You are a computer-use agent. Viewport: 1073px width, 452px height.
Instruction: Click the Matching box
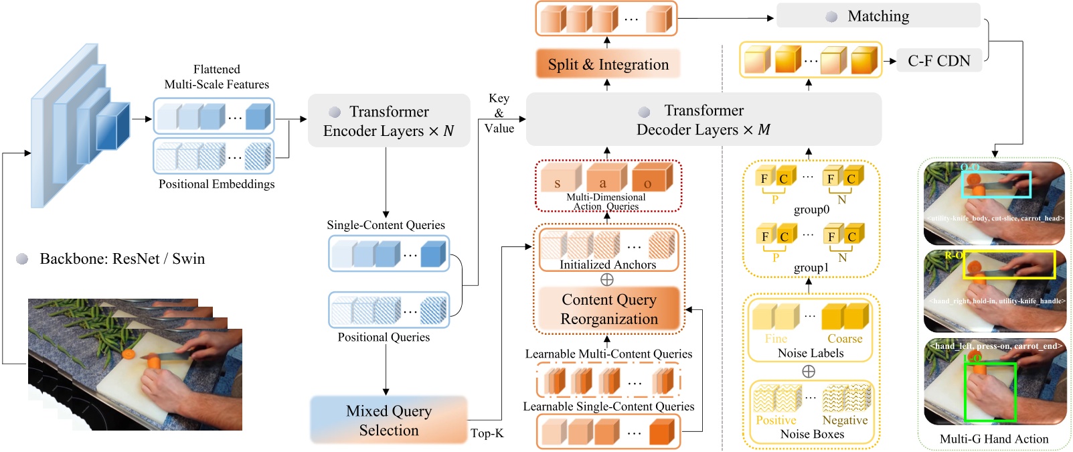click(878, 16)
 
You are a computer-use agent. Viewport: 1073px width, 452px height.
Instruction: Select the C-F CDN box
click(938, 61)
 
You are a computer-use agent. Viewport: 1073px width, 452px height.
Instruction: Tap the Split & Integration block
click(608, 64)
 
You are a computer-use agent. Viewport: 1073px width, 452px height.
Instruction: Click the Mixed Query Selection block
click(388, 420)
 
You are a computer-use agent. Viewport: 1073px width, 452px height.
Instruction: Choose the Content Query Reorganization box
click(608, 309)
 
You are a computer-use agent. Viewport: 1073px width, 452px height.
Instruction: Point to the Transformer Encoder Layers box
click(388, 121)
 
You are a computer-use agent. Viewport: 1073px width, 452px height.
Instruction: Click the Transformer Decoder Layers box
click(703, 120)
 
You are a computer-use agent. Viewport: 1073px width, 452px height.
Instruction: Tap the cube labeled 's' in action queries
click(557, 179)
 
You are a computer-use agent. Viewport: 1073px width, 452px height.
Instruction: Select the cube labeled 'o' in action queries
click(647, 179)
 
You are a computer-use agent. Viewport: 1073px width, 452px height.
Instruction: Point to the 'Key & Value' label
click(499, 113)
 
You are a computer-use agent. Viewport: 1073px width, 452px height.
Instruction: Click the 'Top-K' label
click(487, 433)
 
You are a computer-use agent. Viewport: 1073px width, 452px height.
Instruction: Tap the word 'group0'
click(811, 210)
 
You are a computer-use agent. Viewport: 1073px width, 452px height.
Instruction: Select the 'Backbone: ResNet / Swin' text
click(122, 259)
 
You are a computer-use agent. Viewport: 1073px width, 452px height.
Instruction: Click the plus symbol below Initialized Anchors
click(607, 279)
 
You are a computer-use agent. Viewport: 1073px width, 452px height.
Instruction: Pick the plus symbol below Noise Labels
click(809, 371)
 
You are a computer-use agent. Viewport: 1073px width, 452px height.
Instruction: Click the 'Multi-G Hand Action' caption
click(993, 439)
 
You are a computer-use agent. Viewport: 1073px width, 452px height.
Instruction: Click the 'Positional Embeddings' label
click(216, 184)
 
